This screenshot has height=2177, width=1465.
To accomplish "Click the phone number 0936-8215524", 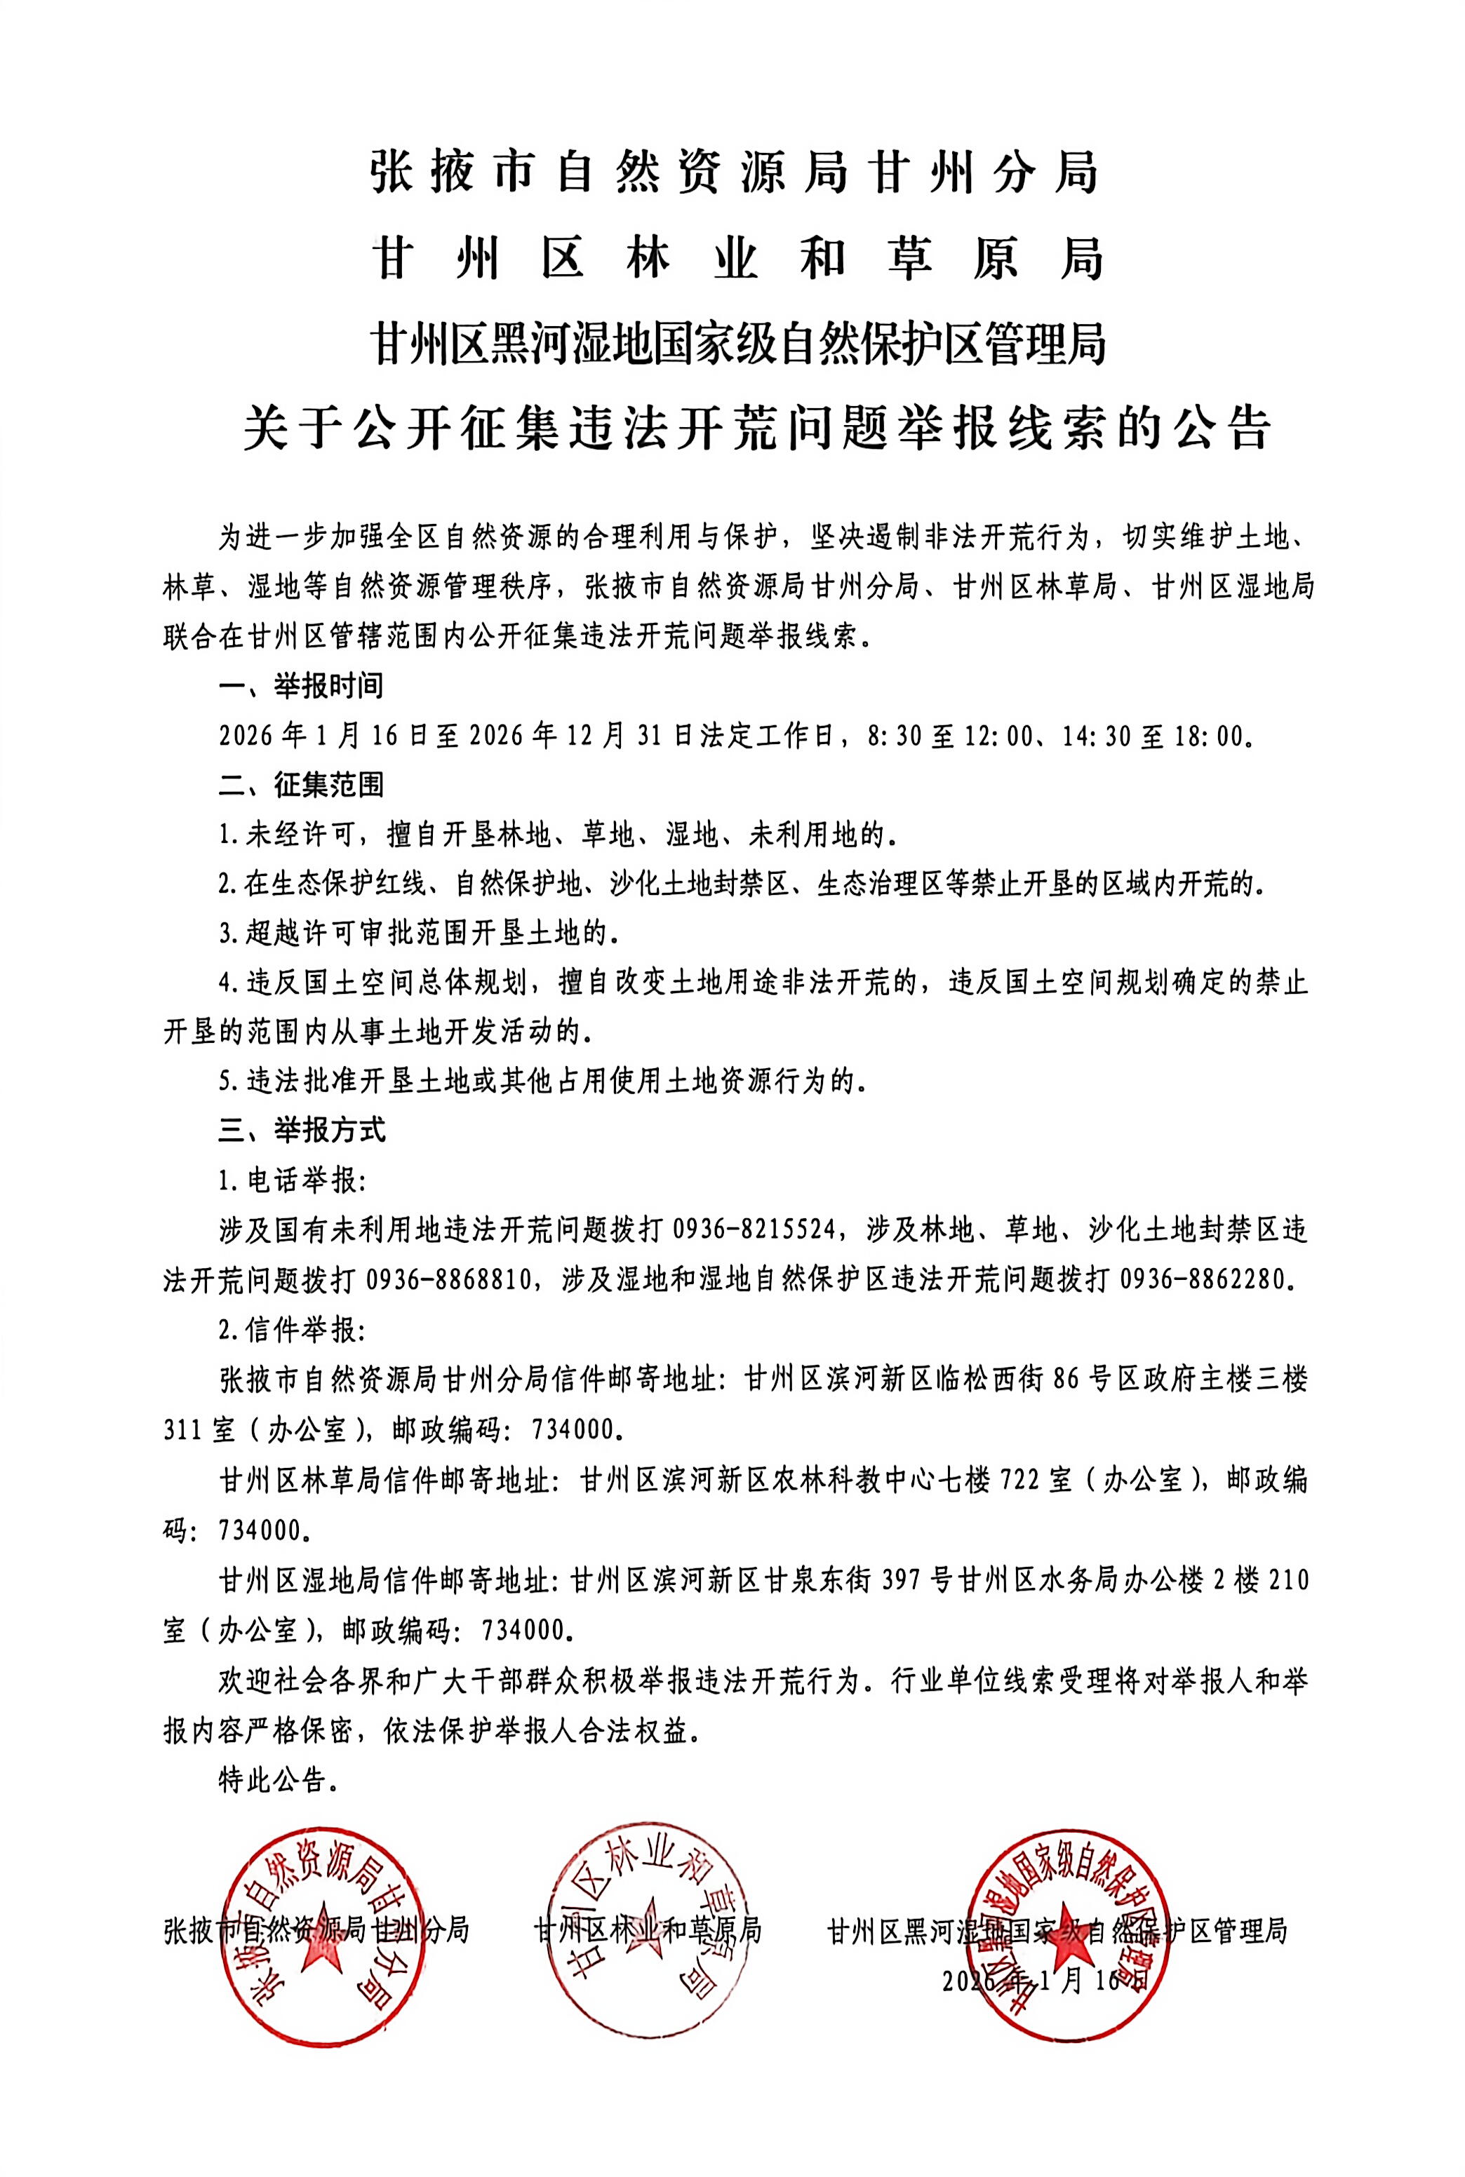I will click(x=753, y=1230).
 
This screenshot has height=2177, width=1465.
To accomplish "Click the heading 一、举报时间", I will click(x=301, y=687).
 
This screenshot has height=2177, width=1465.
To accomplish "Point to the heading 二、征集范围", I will click(x=301, y=785).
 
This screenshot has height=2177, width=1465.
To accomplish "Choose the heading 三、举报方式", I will click(x=301, y=1130).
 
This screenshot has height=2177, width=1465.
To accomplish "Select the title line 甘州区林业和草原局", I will click(x=738, y=259).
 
